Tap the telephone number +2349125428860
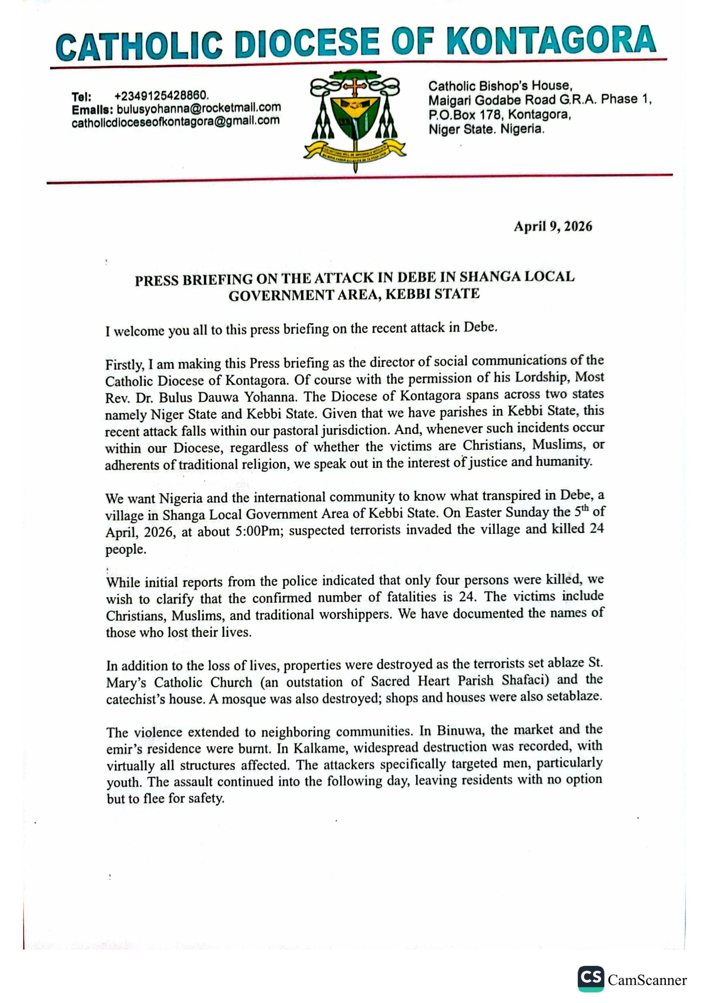[x=161, y=95]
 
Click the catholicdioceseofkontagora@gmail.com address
[x=175, y=122]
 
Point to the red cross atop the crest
[x=355, y=87]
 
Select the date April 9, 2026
[x=553, y=226]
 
